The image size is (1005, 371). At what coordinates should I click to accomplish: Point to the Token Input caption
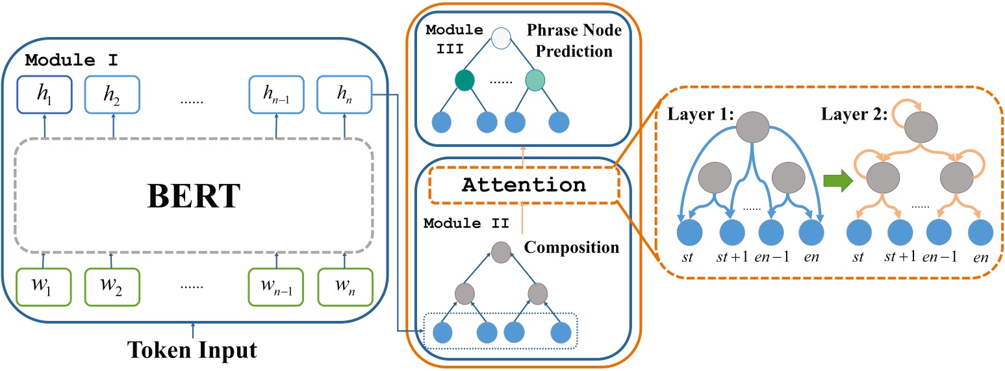[193, 351]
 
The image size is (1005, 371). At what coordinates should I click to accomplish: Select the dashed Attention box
[523, 185]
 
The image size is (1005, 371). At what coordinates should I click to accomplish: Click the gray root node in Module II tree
[500, 250]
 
